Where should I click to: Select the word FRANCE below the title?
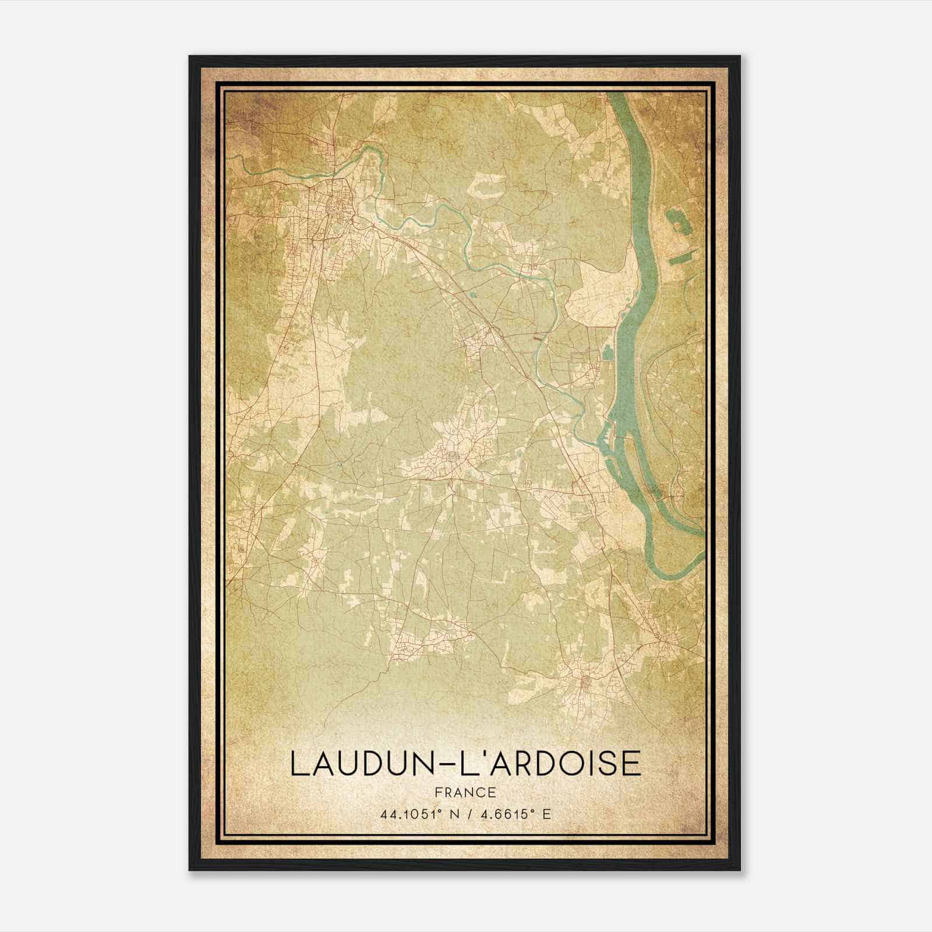[x=465, y=793]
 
